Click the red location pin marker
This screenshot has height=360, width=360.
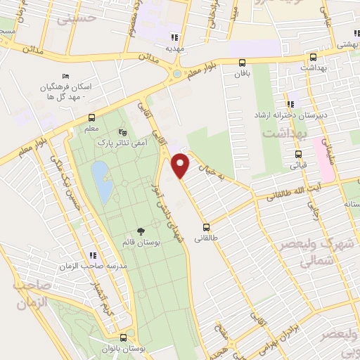coord(181,165)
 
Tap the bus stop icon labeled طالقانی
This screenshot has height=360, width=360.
coord(206,227)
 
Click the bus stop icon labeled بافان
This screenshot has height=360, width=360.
coord(243,63)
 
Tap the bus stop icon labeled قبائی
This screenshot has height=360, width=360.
coord(298,155)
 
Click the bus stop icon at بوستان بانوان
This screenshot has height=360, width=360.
coord(123,337)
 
